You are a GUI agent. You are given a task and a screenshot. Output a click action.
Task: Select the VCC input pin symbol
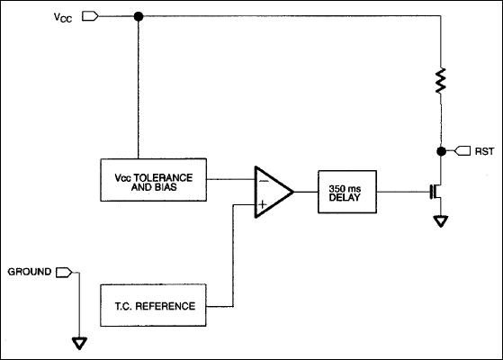87,15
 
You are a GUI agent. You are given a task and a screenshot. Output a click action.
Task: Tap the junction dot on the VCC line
138,16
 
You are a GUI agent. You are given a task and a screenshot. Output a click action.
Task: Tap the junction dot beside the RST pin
441,150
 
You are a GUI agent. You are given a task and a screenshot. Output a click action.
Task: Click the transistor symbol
436,191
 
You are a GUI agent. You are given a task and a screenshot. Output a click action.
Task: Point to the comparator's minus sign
262,180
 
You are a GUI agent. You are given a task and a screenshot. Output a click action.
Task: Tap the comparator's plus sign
262,203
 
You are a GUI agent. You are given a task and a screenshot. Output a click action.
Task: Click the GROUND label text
30,271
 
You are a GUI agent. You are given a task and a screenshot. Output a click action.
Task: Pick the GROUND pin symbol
63,271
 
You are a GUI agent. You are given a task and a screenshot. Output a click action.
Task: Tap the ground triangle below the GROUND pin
80,342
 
